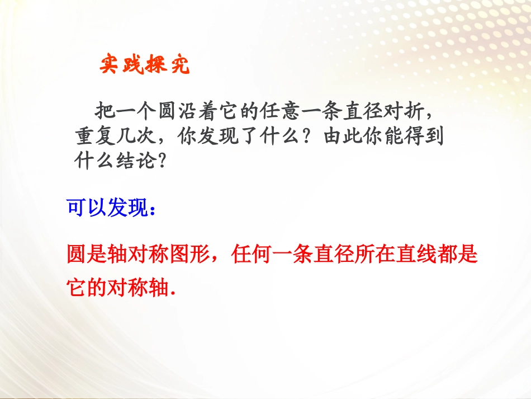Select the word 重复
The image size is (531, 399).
pos(94,137)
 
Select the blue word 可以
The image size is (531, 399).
pos(82,208)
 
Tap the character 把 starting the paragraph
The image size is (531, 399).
pos(106,111)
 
